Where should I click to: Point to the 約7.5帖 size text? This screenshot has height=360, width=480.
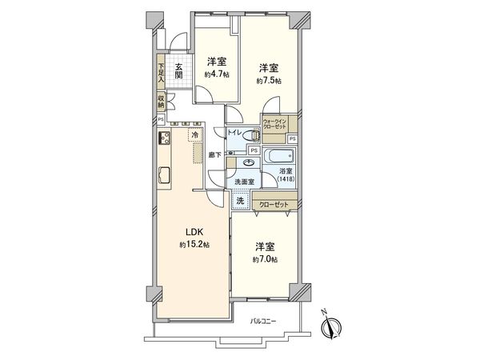268,81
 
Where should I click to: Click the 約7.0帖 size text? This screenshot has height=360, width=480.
266,260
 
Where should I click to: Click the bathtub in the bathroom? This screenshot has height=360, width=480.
280,156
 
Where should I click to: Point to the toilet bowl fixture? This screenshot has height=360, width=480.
254,136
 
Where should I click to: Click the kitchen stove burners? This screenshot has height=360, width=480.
164,140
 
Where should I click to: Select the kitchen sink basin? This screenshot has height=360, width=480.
164,174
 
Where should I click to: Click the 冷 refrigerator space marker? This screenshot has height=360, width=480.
196,137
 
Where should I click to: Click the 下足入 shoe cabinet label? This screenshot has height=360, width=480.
161,73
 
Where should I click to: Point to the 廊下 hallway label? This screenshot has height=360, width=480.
214,154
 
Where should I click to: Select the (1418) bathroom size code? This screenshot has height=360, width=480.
286,178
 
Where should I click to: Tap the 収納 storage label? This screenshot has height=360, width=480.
161,102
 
